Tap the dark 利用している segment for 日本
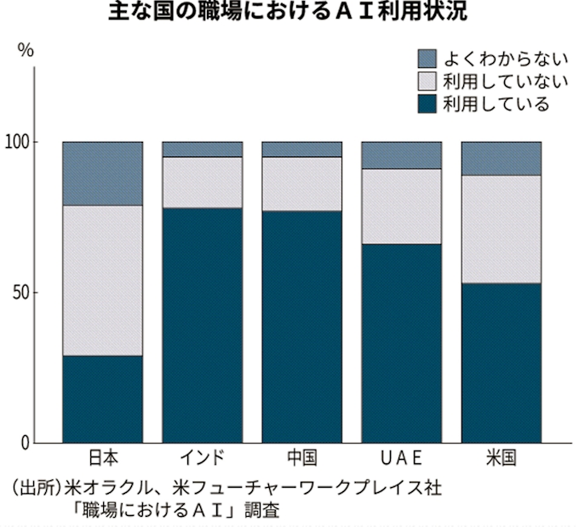pos(103,399)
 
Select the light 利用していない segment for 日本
pos(103,280)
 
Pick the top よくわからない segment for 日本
pos(103,173)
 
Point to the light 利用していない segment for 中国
pos(301,184)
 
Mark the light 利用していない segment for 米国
pos(501,229)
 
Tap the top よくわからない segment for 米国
pos(501,158)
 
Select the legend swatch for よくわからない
pos(427,58)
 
